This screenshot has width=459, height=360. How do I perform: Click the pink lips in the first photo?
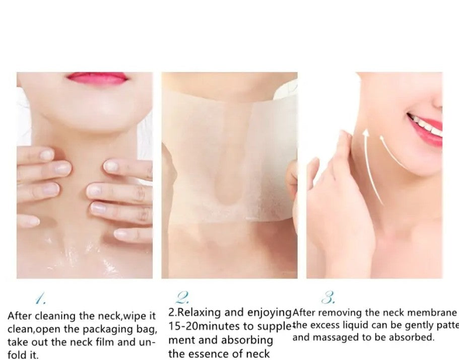96,78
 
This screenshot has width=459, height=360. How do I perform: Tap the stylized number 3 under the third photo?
329,298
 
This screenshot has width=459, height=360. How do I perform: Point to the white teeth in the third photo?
426,126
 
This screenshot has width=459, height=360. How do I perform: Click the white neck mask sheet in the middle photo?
229,151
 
